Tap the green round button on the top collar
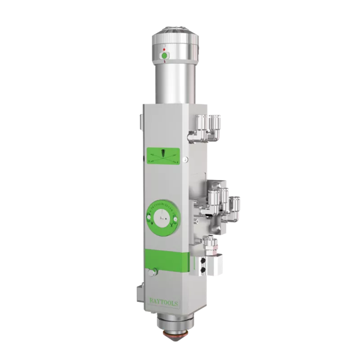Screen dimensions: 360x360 tap(164, 56)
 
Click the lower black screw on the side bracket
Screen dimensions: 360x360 tap(202, 270)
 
